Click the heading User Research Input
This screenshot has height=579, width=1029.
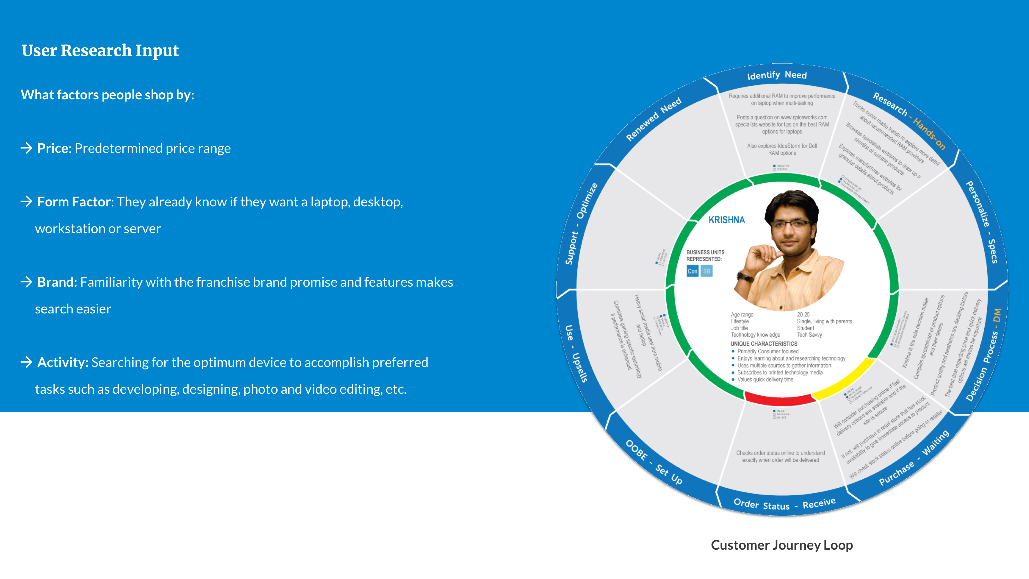pyautogui.click(x=100, y=51)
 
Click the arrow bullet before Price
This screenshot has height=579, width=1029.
pyautogui.click(x=26, y=148)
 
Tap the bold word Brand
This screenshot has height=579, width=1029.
pyautogui.click(x=56, y=282)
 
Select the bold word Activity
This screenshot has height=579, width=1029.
pyautogui.click(x=62, y=362)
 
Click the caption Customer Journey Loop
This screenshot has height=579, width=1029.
pyautogui.click(x=782, y=545)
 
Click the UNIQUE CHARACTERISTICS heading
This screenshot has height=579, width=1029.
pyautogui.click(x=764, y=344)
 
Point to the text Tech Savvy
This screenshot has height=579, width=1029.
pyautogui.click(x=809, y=335)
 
